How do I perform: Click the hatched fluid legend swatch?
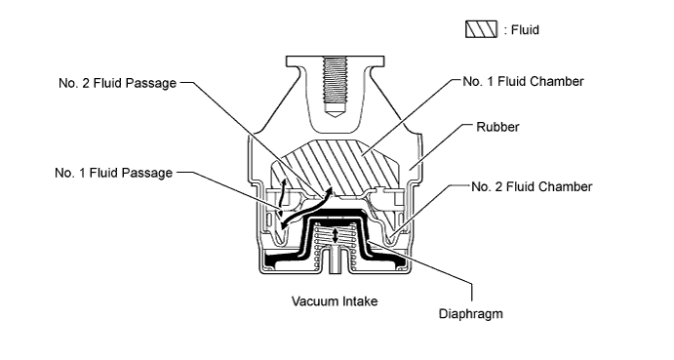(482, 30)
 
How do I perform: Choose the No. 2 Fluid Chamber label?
(533, 186)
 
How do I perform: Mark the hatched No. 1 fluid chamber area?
(337, 162)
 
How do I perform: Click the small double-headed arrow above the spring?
(337, 236)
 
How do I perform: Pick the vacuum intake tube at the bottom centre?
(337, 263)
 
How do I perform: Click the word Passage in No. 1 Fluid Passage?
(147, 174)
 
